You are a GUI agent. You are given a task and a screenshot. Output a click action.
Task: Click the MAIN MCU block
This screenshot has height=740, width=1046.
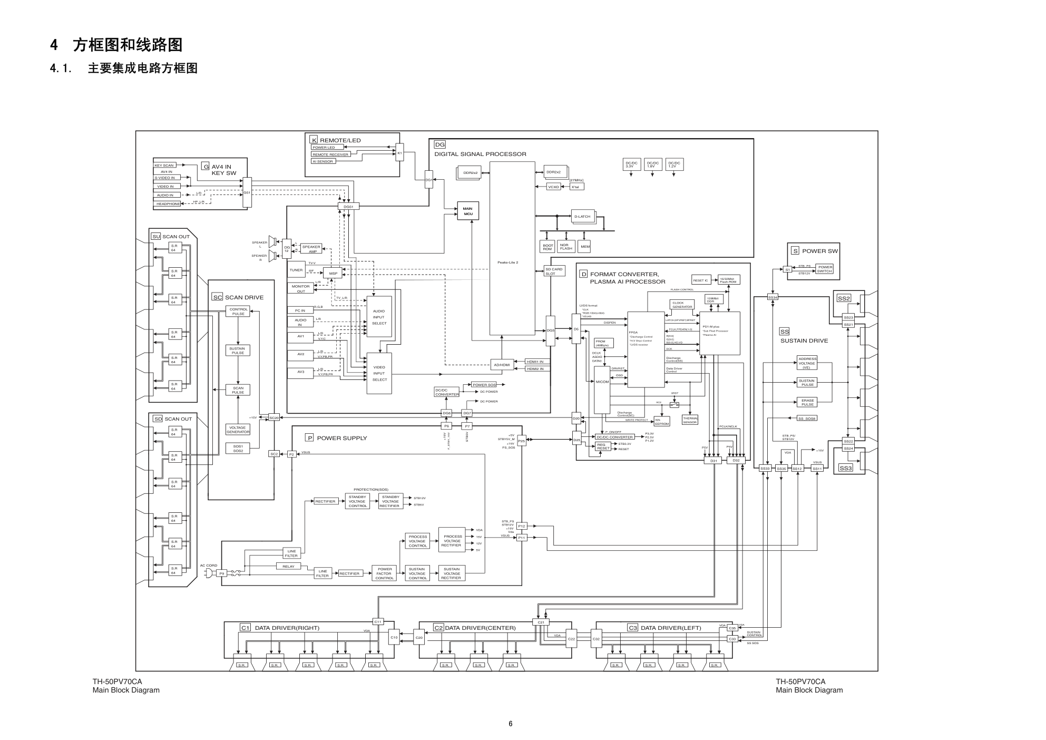coord(467,211)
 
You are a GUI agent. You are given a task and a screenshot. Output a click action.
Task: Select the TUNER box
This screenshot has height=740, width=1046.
coord(296,270)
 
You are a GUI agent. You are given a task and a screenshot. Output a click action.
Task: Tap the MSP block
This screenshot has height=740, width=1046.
coord(333,274)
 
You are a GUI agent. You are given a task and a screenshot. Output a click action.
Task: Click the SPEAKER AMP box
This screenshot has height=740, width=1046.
coord(311,249)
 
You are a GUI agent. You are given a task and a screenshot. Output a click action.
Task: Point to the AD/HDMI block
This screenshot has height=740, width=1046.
coord(502,365)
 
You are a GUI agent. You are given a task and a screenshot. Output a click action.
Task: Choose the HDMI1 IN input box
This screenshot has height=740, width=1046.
coord(537,362)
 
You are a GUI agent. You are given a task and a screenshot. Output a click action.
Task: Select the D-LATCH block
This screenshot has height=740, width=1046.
coord(582,217)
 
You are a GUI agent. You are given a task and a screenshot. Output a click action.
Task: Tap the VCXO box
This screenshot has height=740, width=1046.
coord(553,187)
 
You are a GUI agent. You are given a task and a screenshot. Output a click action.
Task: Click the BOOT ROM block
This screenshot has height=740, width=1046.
coord(548,247)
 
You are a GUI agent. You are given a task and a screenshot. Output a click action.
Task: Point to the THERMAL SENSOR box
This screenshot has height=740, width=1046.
coord(690,420)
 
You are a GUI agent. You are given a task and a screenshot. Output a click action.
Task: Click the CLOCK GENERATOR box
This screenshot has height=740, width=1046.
coord(682,305)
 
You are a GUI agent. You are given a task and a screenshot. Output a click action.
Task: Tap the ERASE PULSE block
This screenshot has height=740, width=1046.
coord(807,402)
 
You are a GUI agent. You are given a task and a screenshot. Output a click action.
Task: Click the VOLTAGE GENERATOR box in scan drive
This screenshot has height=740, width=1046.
coord(238,430)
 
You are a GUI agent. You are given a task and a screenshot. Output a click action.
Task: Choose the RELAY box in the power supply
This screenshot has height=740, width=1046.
coord(288,566)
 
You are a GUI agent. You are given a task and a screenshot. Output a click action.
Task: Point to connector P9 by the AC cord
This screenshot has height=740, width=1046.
coord(222,573)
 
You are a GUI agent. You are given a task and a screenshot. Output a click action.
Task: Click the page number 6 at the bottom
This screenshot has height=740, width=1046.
coord(510,724)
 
